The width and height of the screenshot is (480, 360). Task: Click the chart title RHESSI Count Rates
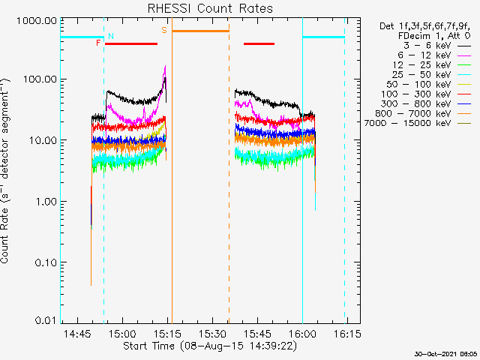tap(210, 8)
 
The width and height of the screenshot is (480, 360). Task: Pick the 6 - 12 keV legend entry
tap(424, 55)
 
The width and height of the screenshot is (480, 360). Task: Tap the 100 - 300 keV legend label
tap(416, 94)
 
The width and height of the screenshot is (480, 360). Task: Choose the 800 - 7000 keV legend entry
tap(413, 114)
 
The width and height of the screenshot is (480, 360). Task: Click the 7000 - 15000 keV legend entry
tap(408, 123)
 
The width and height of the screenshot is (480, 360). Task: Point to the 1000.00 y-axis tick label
tap(37, 21)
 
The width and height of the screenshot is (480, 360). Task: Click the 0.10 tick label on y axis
tap(46, 262)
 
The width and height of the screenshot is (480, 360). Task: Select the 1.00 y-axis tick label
tap(46, 202)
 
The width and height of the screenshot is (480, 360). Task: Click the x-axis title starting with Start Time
tap(210, 346)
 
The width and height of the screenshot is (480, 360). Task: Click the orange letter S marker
tap(164, 30)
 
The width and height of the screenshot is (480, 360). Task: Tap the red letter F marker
tap(98, 43)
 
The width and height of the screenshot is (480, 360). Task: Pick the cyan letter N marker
tap(111, 36)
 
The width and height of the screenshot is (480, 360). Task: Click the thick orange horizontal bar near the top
tap(200, 31)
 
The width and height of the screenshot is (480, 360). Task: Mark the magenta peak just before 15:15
tap(165, 66)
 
